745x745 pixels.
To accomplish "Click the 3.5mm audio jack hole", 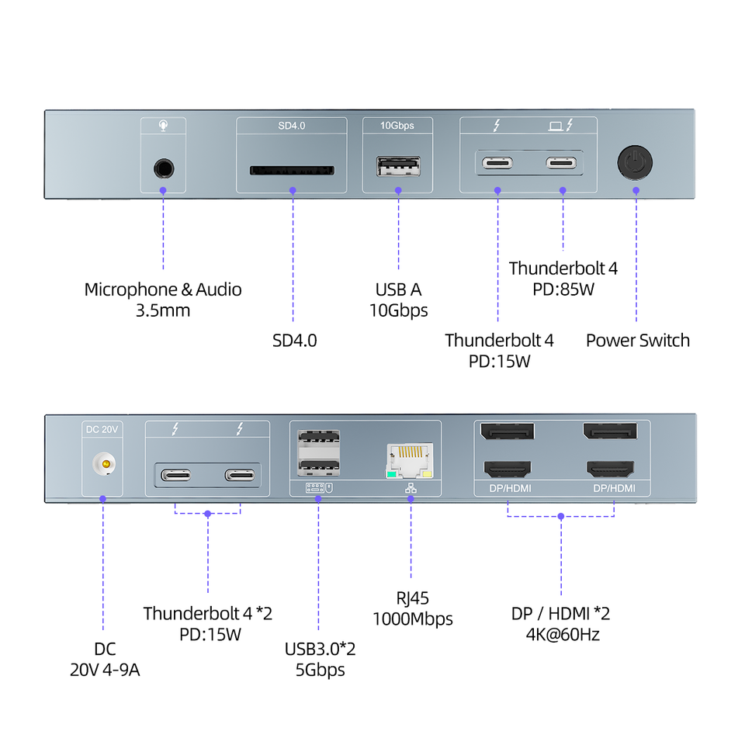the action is (x=164, y=168).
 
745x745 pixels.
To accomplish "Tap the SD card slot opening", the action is (x=293, y=170).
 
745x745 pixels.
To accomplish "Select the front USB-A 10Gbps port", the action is (x=398, y=166).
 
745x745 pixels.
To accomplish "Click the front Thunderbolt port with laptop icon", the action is (x=561, y=163).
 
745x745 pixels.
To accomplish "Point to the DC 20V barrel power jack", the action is (x=104, y=464).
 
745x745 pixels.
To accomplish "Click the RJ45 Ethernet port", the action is (x=410, y=460).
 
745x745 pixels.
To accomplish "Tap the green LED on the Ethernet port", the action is (x=391, y=474).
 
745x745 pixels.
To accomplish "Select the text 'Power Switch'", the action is (x=638, y=340).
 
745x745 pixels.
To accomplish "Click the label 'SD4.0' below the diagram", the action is (x=295, y=341).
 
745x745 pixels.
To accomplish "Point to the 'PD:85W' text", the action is (x=563, y=289).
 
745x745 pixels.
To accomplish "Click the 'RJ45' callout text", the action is (x=412, y=598).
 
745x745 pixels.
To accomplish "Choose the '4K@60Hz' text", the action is (x=563, y=634).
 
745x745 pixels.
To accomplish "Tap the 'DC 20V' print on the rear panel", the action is (x=102, y=429).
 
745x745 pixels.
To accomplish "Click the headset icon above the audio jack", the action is (x=163, y=126).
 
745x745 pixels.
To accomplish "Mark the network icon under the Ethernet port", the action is (x=411, y=488).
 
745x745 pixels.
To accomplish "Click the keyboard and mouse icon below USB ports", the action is (x=319, y=488).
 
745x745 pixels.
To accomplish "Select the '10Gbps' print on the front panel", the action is (x=397, y=126).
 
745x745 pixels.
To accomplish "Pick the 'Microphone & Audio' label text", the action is (x=163, y=289).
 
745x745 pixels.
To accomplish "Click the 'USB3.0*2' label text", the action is (x=320, y=649).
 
